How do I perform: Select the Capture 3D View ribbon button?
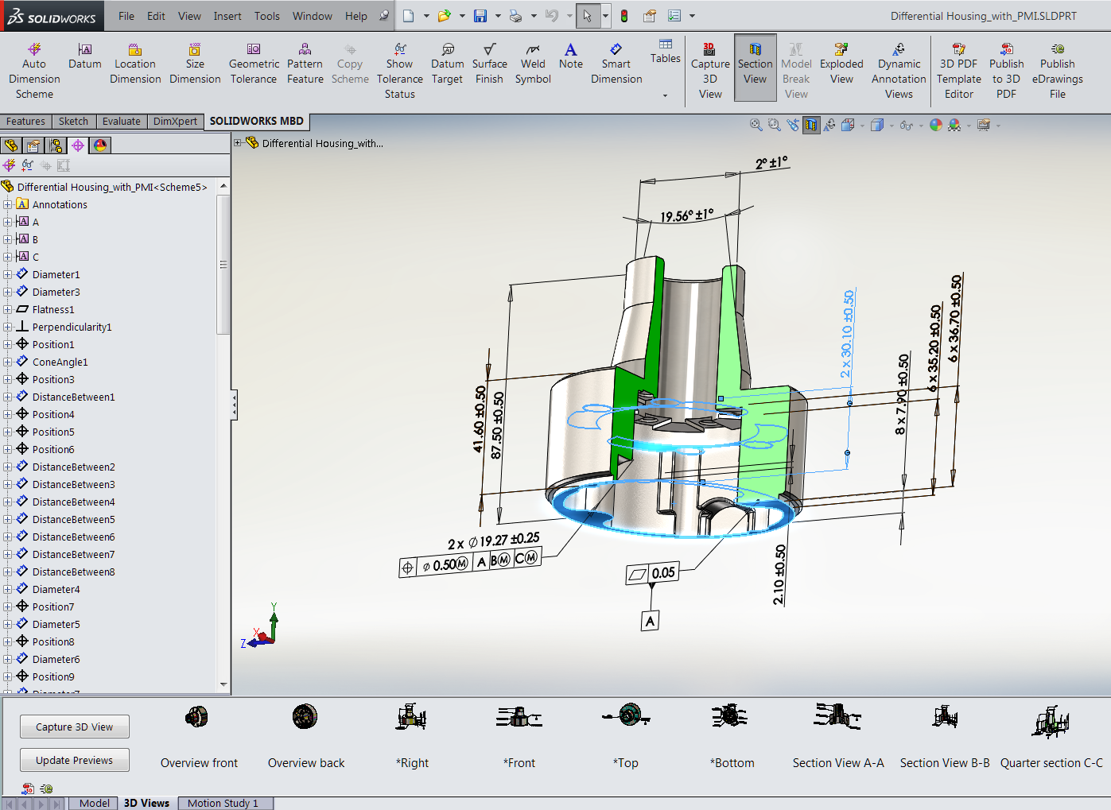pyautogui.click(x=709, y=70)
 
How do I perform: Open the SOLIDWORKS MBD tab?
pyautogui.click(x=256, y=122)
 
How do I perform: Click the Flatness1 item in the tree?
pyautogui.click(x=52, y=309)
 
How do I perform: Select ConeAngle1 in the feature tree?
pyautogui.click(x=60, y=362)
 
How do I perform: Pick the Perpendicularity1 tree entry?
pyautogui.click(x=72, y=327)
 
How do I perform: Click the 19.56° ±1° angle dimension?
pyautogui.click(x=686, y=215)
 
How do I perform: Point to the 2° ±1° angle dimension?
pyautogui.click(x=771, y=163)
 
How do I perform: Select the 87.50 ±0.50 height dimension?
pyautogui.click(x=497, y=425)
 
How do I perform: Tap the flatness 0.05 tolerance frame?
pyautogui.click(x=653, y=573)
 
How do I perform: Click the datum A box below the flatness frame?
pyautogui.click(x=650, y=621)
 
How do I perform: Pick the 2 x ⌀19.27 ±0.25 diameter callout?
pyautogui.click(x=493, y=541)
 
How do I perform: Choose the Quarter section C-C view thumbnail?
pyautogui.click(x=1051, y=739)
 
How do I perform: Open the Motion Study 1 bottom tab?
pyautogui.click(x=223, y=803)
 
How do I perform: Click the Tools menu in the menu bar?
pyautogui.click(x=266, y=16)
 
